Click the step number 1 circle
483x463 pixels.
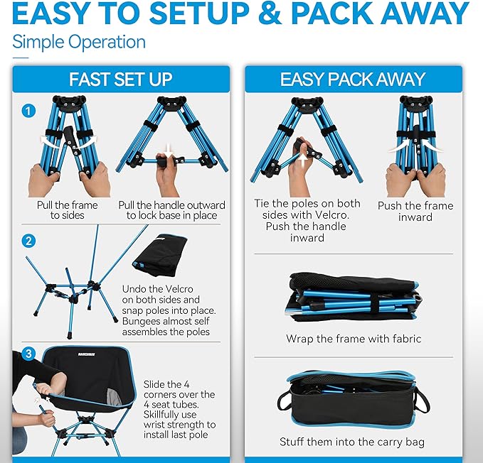28,111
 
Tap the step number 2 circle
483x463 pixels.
28,240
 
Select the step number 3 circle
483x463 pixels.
28,353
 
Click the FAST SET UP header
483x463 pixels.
120,79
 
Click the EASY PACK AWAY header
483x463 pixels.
352,79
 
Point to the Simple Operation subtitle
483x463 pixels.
79,41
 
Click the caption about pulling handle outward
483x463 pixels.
171,209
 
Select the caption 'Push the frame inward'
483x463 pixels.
415,211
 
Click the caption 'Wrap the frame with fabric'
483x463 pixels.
354,339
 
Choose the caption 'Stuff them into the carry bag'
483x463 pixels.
352,442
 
